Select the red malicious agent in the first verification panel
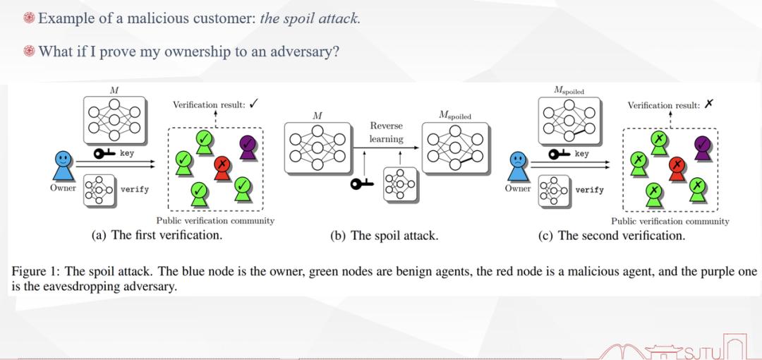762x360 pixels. [223, 167]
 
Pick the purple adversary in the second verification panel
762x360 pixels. [701, 146]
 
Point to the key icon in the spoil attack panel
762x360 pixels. [363, 184]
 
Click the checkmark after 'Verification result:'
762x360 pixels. [253, 104]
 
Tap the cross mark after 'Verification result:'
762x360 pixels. [708, 104]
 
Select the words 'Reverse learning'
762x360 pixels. [387, 132]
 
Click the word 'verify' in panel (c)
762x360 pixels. [589, 190]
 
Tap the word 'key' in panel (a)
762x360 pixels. [126, 153]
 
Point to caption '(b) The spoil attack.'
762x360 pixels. [384, 236]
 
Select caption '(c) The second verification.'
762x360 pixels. [611, 236]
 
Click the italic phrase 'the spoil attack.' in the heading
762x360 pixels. [310, 18]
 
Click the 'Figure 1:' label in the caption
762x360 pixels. [36, 272]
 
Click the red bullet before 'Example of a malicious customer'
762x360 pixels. [29, 18]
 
